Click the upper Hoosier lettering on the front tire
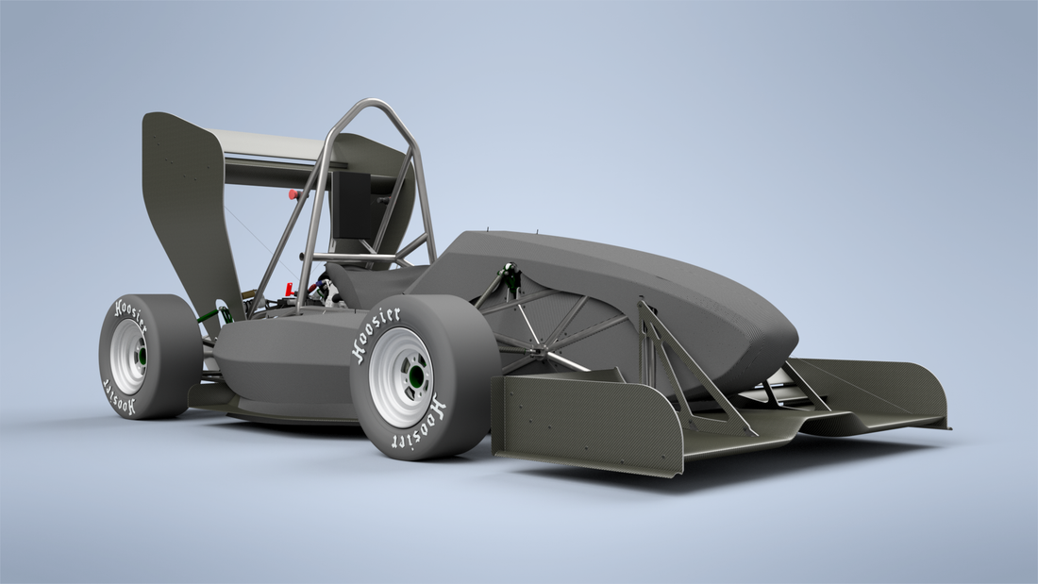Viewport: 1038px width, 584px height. pyautogui.click(x=376, y=331)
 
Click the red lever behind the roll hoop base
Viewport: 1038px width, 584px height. pyautogui.click(x=289, y=289)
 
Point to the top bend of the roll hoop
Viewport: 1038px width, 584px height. pyautogui.click(x=371, y=106)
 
